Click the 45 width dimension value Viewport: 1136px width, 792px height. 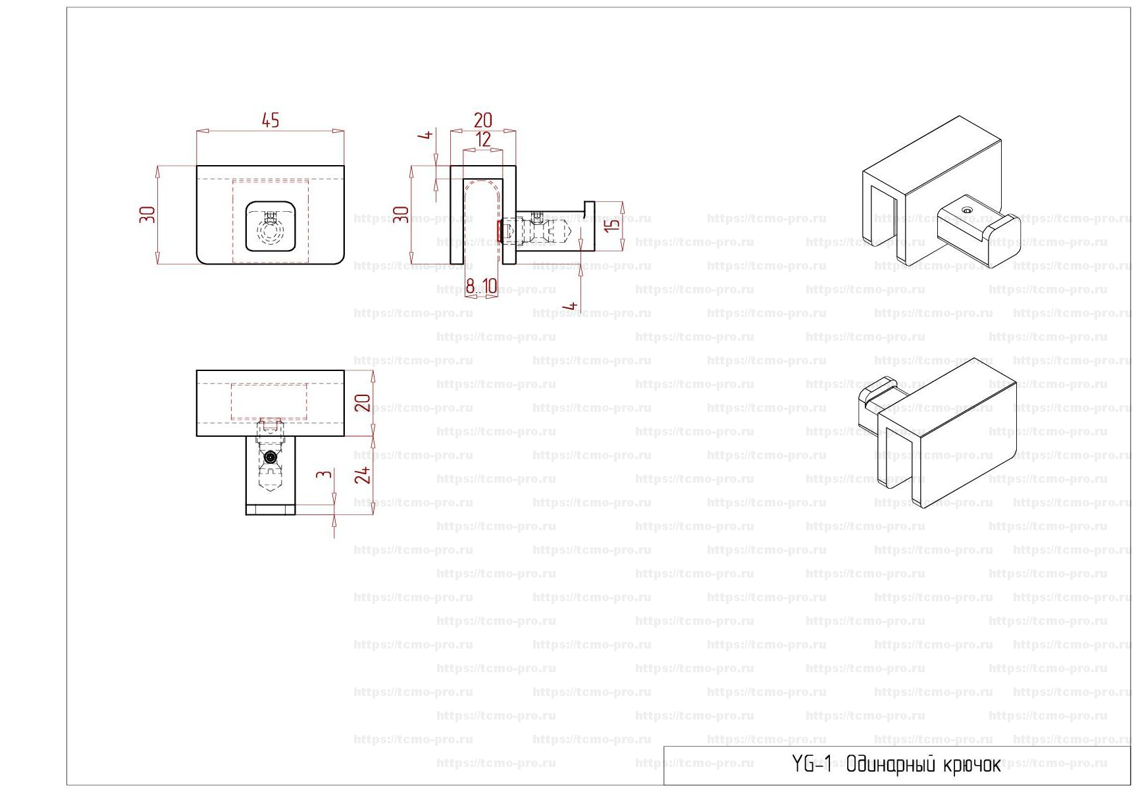(271, 120)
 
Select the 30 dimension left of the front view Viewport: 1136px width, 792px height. (147, 214)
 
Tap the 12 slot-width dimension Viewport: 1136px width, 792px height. (483, 139)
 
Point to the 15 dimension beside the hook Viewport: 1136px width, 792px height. (612, 224)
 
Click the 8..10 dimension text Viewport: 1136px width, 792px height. (481, 286)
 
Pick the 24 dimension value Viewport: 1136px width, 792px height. (363, 475)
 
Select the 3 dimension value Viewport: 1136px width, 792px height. (323, 474)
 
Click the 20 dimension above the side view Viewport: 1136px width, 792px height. (483, 120)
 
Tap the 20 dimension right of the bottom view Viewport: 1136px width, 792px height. (363, 403)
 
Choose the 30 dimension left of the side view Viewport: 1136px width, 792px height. (401, 214)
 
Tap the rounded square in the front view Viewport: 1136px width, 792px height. (270, 226)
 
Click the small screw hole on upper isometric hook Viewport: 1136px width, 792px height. (966, 210)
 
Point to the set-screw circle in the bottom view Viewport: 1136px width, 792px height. (270, 457)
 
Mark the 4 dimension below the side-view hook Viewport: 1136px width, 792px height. (572, 306)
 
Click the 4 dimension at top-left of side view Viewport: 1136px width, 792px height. (426, 134)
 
